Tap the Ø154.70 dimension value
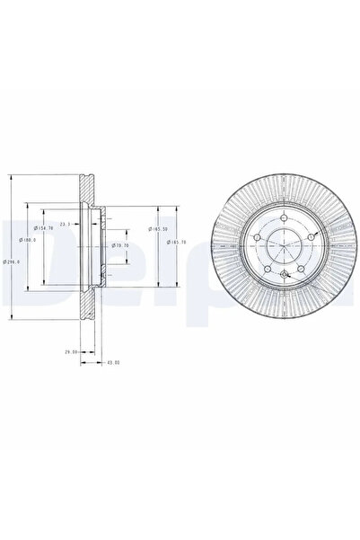click(x=40, y=229)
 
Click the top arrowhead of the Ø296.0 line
click(x=11, y=173)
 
